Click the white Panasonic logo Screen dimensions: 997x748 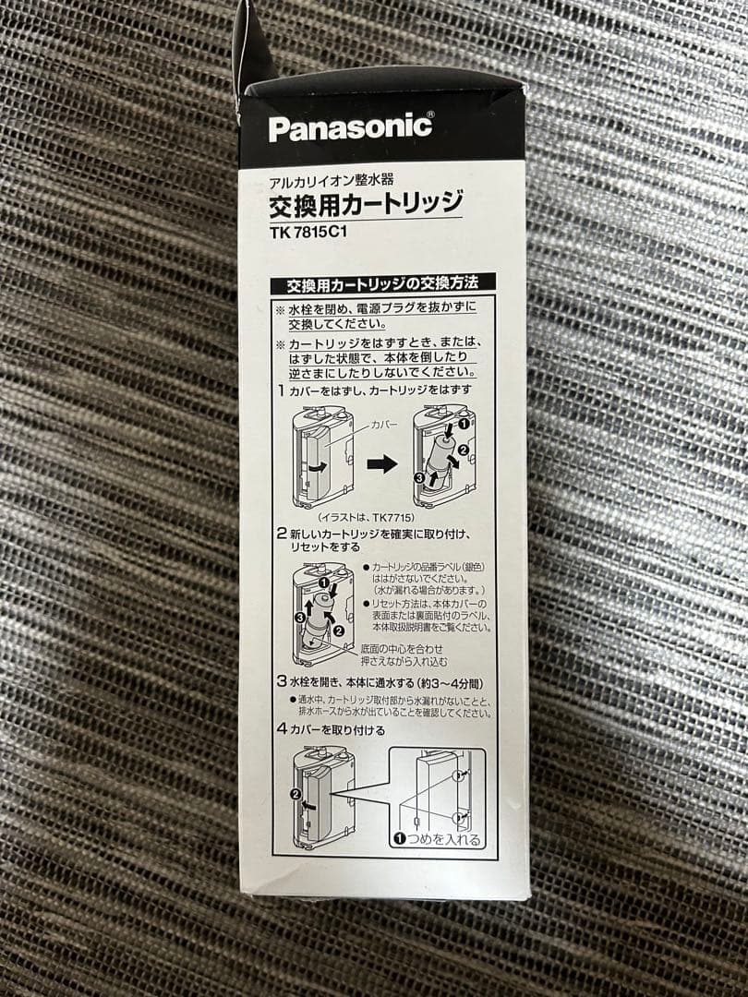pos(350,127)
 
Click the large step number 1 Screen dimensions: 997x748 pos(281,391)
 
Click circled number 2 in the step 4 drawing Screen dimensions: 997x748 pos(296,794)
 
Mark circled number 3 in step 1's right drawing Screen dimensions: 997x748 pos(418,478)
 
